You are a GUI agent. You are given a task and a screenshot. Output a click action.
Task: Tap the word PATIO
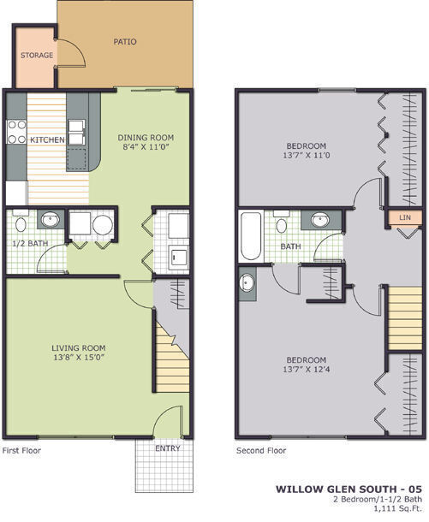click(125, 41)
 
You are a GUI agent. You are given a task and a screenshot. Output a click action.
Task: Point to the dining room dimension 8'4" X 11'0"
click(146, 146)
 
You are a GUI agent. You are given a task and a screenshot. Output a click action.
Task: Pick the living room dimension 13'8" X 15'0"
click(79, 359)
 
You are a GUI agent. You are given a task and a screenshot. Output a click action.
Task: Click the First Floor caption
click(21, 450)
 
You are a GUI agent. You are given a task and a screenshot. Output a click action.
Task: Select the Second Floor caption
click(260, 450)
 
